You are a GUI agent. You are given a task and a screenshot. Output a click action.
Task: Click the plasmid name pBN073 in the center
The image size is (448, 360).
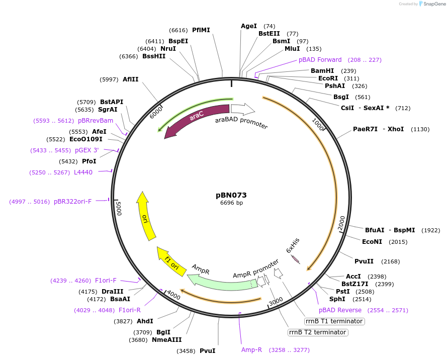[231, 195]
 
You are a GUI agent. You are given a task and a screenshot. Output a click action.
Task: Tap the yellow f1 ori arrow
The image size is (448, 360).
[169, 261]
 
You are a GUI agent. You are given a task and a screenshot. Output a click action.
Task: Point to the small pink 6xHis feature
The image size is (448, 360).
[296, 259]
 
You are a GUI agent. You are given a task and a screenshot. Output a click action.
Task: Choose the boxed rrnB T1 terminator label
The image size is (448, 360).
[334, 321]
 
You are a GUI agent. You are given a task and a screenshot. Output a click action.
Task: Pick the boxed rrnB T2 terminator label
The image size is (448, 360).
[318, 332]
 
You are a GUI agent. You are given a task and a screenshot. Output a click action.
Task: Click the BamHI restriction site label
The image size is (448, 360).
[322, 71]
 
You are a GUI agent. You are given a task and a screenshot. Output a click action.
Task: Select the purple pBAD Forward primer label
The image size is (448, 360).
[320, 60]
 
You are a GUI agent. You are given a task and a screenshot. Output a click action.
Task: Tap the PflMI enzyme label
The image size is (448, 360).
[201, 30]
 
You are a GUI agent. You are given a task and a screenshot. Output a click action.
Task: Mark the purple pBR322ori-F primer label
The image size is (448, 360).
[73, 202]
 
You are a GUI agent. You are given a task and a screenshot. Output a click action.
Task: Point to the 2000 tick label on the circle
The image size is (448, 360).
[341, 222]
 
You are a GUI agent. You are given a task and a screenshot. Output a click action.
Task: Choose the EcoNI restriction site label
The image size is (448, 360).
[372, 242]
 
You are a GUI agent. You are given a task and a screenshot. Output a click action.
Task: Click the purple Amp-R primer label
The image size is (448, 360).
[251, 350]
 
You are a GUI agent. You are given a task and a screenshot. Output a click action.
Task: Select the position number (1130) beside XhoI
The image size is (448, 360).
[420, 129]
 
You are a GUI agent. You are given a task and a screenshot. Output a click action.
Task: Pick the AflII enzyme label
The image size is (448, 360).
[131, 79]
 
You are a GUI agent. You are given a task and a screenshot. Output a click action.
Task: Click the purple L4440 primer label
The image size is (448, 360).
[83, 172]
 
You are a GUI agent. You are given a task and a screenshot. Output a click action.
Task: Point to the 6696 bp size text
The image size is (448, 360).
[231, 203]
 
